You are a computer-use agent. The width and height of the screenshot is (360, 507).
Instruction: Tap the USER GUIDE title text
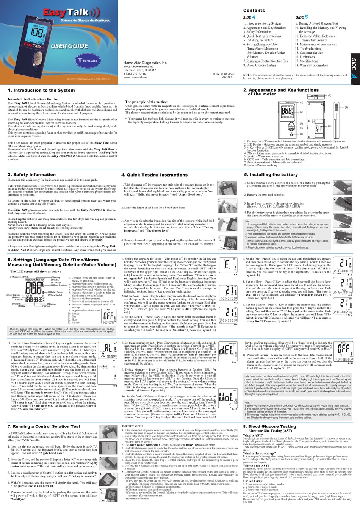pos(70,46)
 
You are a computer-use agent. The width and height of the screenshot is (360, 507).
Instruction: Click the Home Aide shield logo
pos(88,60)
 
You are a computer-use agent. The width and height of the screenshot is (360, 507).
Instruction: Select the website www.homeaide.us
pos(135,77)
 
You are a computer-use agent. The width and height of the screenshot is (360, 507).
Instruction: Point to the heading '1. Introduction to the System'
pos(41,90)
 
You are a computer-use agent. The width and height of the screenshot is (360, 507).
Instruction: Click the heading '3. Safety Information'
pos(31,175)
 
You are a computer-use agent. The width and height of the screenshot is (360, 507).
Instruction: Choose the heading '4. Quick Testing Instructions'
pos(154,175)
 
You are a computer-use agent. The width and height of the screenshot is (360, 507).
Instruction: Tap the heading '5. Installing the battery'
pos(271,175)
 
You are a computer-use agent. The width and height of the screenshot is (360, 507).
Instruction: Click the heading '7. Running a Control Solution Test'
pos(44,426)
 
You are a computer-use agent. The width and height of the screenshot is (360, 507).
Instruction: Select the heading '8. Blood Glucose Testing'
pos(269,426)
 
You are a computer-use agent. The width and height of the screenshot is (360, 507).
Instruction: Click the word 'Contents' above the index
pos(254,11)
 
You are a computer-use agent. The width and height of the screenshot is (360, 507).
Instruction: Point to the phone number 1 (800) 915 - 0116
pos(135,74)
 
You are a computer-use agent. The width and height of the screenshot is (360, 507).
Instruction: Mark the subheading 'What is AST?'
pos(253,435)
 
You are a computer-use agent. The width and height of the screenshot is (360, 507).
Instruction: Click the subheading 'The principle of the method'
pos(146,102)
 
